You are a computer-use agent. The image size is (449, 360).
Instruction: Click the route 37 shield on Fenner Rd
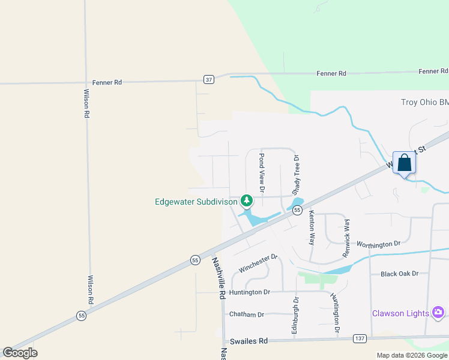[x=208, y=79]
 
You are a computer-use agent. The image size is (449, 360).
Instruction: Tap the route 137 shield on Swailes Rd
[x=359, y=338]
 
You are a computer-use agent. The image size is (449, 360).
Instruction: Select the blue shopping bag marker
[x=405, y=162]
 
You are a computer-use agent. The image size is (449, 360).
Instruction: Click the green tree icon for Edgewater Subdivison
[x=246, y=200]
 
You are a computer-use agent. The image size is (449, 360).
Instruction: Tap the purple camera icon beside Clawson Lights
[x=438, y=312]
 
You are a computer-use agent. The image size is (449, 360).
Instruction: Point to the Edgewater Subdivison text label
[x=196, y=202]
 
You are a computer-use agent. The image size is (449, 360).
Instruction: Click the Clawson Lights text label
[x=400, y=313]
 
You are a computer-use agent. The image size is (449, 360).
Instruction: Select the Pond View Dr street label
[x=262, y=172]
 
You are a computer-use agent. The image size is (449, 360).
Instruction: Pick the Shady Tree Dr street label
[x=296, y=173]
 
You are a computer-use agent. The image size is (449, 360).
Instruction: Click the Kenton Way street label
[x=312, y=227]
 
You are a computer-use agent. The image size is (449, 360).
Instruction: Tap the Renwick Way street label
[x=346, y=238]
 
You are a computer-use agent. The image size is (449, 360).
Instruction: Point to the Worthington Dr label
[x=378, y=244]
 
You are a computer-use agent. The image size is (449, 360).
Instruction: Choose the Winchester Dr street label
[x=258, y=263]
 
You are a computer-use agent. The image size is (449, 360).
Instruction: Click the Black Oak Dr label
[x=399, y=274]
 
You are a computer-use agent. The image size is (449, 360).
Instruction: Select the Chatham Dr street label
[x=246, y=314]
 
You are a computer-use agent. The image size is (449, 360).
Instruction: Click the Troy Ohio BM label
[x=424, y=102]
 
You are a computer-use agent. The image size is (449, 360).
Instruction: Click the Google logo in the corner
[x=20, y=353]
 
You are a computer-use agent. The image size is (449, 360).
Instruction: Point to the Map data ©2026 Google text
[x=412, y=355]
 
